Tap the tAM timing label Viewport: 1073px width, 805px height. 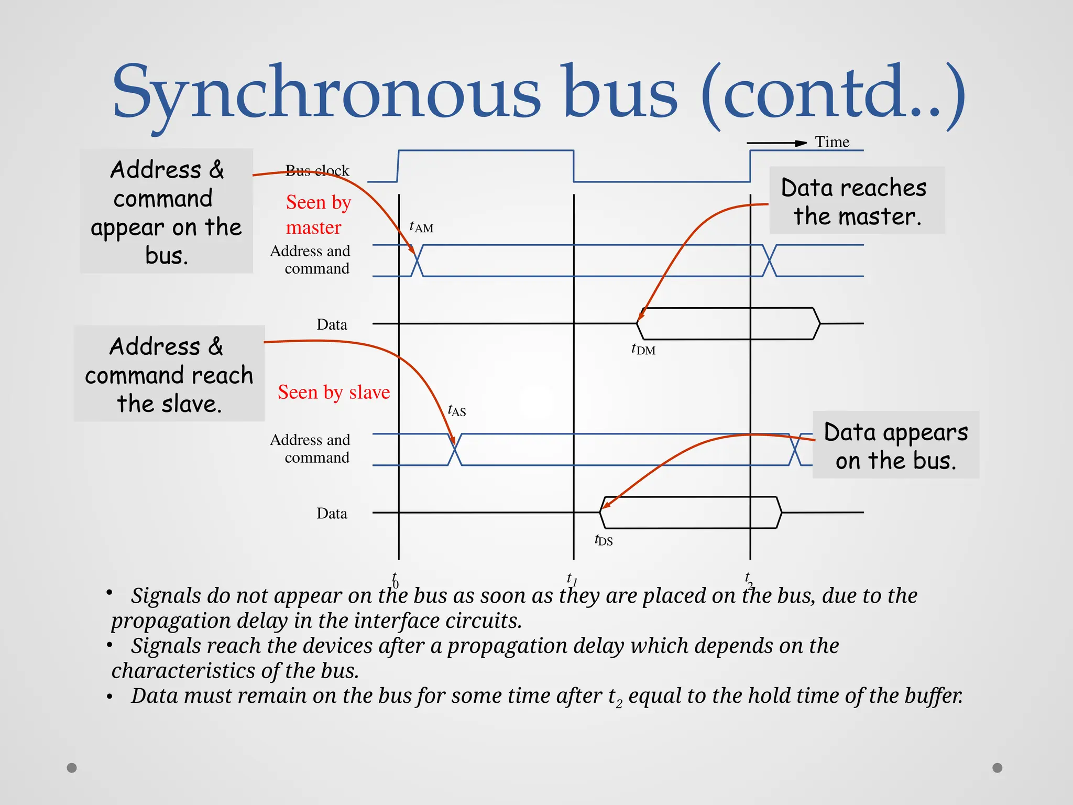pos(421,227)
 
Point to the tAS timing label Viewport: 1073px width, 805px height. pos(457,410)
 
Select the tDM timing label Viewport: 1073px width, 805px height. pos(643,349)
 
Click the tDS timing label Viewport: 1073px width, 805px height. pos(604,540)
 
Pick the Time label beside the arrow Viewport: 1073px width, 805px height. pos(832,142)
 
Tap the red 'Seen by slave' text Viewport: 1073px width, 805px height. pos(334,392)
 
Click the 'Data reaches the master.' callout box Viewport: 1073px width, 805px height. pos(856,201)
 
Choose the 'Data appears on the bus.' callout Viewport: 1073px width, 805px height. pos(895,445)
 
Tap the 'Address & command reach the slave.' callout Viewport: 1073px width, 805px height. pos(169,374)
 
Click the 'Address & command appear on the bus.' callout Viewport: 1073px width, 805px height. pos(166,212)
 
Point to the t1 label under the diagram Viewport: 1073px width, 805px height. pos(572,579)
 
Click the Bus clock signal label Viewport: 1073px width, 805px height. pos(317,170)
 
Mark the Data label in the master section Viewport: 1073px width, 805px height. pos(332,324)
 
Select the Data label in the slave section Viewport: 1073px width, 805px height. pos(332,513)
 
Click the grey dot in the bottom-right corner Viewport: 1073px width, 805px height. pos(998,768)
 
